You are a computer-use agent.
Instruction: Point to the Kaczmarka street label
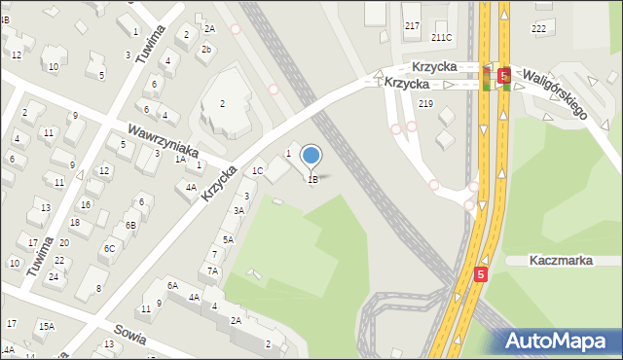click(562, 261)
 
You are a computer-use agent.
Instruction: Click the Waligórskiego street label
click(556, 92)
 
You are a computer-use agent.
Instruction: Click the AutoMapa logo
click(558, 341)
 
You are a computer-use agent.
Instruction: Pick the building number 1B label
click(312, 179)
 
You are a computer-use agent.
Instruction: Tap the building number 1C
click(258, 171)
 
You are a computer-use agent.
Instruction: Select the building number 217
click(412, 25)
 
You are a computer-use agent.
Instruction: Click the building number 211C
click(442, 38)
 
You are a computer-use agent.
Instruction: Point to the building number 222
click(538, 29)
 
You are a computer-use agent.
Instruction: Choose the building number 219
click(424, 103)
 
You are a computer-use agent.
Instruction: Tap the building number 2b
click(205, 49)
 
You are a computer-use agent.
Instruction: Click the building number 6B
click(129, 225)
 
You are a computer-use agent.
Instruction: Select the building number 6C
click(110, 248)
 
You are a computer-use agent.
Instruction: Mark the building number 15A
click(46, 327)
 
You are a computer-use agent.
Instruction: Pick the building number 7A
click(212, 271)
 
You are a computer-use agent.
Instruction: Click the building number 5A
click(228, 239)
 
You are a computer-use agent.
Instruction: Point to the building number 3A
click(238, 210)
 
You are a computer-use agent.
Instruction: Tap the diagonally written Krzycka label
click(221, 182)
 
